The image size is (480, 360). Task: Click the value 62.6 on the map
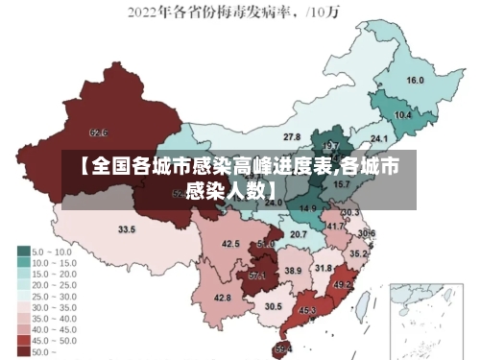coord(98,132)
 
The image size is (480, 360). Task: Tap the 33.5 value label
coord(127,229)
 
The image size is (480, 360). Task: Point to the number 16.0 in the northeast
coord(416,81)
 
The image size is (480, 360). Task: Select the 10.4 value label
coord(403,115)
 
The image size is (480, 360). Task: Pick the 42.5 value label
coord(231,244)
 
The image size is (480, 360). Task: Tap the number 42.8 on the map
coord(223,299)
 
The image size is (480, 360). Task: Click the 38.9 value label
coord(293,272)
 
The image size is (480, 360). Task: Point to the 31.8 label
coord(324,268)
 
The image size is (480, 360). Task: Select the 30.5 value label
coord(274,306)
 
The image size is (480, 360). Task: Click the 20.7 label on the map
coord(300,234)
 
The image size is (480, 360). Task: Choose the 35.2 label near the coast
coord(358,254)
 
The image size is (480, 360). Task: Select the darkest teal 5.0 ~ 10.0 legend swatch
coord(23,251)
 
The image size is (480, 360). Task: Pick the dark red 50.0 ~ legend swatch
coord(23,351)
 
